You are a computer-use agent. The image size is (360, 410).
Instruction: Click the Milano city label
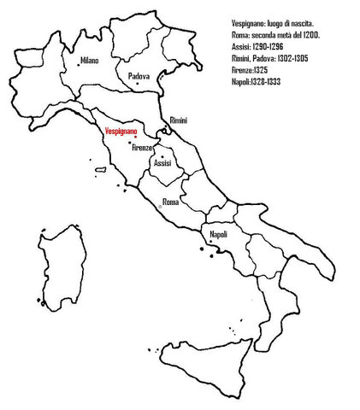[90, 61]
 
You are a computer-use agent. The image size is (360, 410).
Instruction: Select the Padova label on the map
[139, 76]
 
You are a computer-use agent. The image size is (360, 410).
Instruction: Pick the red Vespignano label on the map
[119, 132]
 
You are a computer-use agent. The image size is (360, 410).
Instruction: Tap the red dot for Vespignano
[135, 138]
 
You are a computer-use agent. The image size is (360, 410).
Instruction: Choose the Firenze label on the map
[142, 148]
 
